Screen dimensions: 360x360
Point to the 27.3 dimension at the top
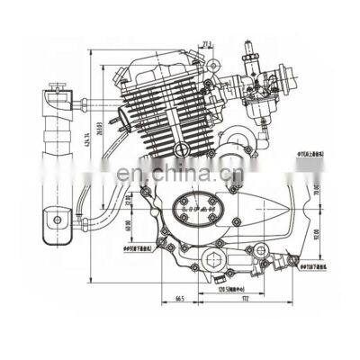pyautogui.click(x=208, y=42)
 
